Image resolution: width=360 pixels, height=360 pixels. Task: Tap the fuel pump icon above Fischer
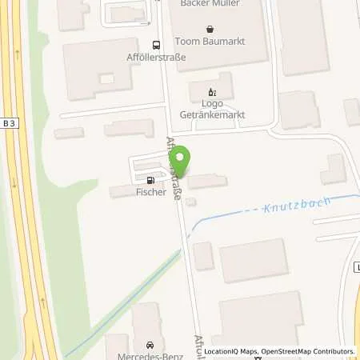point(148,180)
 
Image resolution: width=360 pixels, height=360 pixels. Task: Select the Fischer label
point(151,192)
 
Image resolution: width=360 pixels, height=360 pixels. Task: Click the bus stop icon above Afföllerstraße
point(156,45)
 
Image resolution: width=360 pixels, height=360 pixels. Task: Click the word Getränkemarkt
point(212,114)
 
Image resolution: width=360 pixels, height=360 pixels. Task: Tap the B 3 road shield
point(9,122)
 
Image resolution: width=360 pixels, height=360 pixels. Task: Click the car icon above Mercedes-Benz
point(149,343)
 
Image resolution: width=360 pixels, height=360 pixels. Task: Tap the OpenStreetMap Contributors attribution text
point(309,351)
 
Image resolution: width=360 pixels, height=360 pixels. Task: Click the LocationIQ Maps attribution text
point(230,351)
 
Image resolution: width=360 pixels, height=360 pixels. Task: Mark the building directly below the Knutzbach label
point(253,260)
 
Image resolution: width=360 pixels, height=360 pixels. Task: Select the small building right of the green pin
point(207,182)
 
